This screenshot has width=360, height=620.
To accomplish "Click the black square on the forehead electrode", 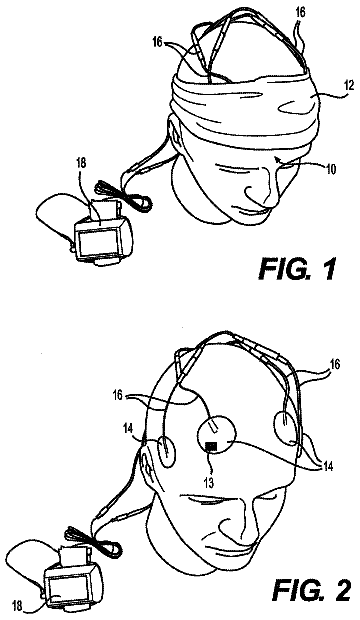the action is (212, 446).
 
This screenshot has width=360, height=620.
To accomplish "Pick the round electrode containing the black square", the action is (216, 437).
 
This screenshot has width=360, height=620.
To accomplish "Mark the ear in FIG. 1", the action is (174, 130).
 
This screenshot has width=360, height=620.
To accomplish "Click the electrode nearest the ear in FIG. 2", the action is (167, 451).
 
